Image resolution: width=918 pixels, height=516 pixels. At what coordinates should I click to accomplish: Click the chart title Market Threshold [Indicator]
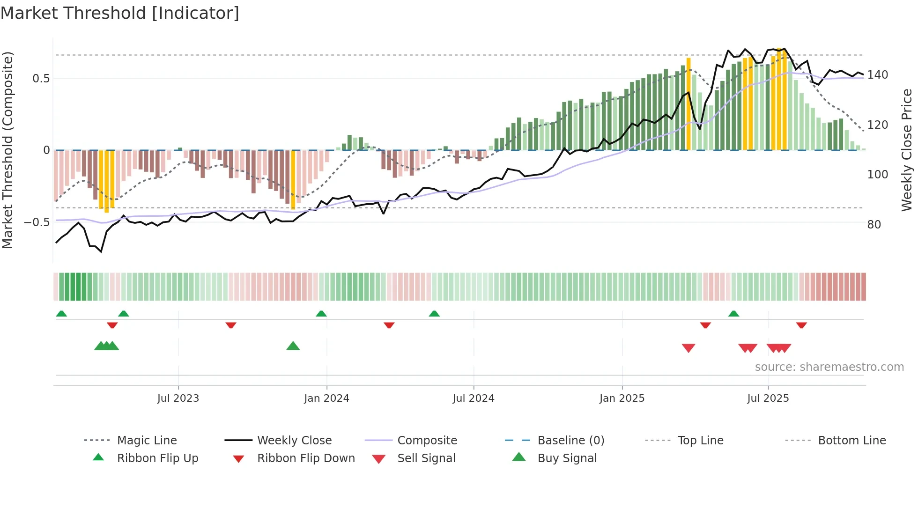point(120,13)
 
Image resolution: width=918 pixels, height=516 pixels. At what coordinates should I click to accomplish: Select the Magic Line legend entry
point(147,440)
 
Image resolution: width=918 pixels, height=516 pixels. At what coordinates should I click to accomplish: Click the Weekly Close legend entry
point(294,440)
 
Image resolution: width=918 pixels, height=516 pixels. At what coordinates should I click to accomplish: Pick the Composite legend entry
point(427,440)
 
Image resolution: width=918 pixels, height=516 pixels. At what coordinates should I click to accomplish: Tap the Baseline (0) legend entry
point(570,440)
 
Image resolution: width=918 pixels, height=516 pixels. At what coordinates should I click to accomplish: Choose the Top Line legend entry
point(700,440)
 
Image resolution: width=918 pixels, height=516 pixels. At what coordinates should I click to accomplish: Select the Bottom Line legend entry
point(851,440)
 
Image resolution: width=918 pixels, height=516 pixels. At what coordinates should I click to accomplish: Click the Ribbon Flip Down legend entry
point(305,458)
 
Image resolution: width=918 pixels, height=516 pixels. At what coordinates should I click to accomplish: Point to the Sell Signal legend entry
point(426,458)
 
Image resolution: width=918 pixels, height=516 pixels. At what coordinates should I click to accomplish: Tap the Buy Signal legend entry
point(567,458)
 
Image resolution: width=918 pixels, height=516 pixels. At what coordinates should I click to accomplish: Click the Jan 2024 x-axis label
point(326,398)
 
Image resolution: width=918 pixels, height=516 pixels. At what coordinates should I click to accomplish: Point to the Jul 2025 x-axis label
point(768,398)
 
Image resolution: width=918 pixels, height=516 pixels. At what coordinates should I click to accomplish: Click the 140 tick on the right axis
point(877,75)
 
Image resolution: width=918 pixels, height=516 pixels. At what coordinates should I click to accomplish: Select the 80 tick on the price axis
point(874,224)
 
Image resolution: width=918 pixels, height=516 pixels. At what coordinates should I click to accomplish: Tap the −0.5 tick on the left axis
point(37,222)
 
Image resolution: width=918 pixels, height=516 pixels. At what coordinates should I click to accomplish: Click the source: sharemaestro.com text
point(829,367)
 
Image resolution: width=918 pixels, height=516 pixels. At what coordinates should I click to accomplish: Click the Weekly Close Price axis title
point(907,150)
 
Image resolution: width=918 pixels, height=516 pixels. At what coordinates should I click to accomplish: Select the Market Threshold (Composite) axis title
point(7,150)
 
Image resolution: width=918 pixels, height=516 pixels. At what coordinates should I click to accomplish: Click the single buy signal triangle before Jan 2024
point(293,346)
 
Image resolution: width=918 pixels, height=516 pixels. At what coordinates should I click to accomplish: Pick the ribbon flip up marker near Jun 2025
point(733,314)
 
